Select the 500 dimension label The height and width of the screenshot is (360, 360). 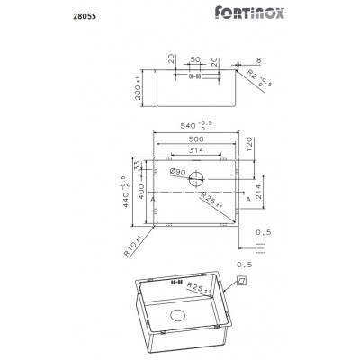[194, 141]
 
